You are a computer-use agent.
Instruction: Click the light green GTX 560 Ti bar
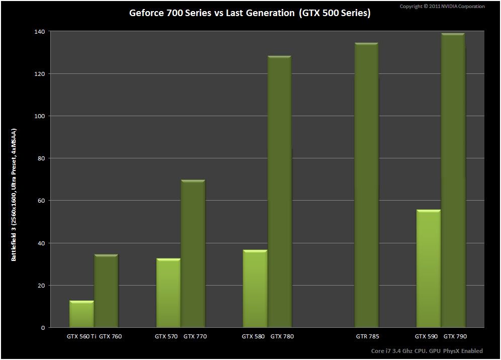(81, 314)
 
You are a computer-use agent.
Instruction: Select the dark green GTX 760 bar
(106, 291)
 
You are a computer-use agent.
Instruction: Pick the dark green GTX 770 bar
(193, 254)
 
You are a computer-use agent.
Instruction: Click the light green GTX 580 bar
(255, 289)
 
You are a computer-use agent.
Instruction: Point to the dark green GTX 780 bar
(279, 192)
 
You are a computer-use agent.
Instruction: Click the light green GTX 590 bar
(429, 268)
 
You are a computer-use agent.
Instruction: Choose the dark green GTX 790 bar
(453, 181)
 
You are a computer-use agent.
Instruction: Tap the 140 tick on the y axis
(39, 32)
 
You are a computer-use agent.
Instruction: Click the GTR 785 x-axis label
(367, 336)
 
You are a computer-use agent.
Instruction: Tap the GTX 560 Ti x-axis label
(81, 336)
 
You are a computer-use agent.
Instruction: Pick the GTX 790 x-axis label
(455, 336)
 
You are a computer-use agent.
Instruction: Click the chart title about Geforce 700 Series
(250, 13)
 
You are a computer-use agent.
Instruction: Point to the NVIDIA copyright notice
(442, 7)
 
